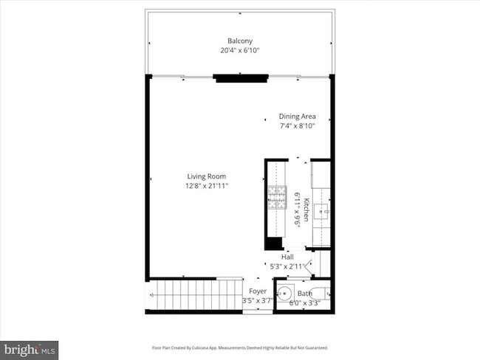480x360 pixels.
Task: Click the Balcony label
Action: [x=240, y=41]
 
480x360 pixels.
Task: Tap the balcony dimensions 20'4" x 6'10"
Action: [x=240, y=51]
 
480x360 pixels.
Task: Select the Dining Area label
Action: [x=297, y=116]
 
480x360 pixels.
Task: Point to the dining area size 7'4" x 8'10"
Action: [x=297, y=126]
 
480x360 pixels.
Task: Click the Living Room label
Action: [x=206, y=176]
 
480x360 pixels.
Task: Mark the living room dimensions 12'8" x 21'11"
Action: [x=206, y=186]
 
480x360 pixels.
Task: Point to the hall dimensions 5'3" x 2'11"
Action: [x=284, y=266]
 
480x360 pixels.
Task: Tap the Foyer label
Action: [x=257, y=291]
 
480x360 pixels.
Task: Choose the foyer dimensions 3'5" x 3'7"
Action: [x=257, y=301]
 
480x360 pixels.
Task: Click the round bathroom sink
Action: [x=285, y=293]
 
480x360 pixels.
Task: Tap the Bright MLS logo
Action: [x=30, y=348]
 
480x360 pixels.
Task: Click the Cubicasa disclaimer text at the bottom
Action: [x=240, y=347]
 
